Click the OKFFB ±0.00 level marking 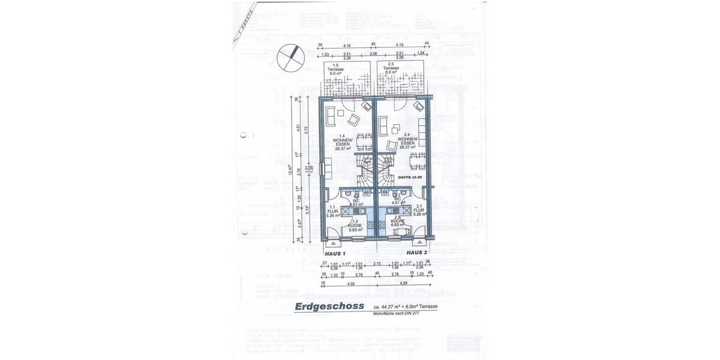pos(410,178)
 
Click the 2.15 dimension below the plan pos(377,264)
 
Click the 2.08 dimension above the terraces pos(373,54)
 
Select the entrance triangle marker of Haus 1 pos(331,244)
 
